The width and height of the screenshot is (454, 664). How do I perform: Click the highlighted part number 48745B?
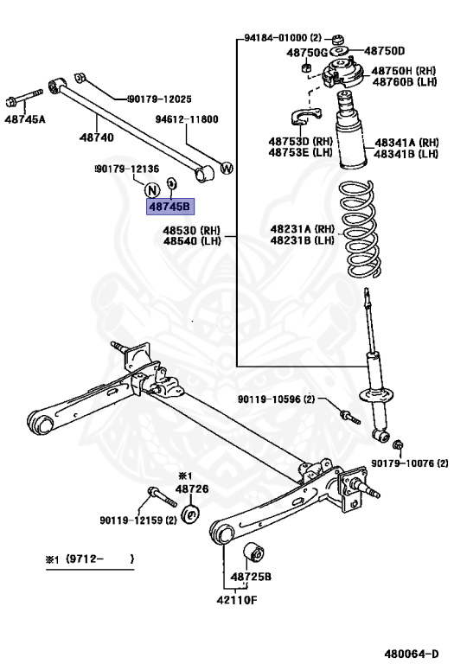170,207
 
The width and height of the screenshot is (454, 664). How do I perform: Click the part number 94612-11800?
187,119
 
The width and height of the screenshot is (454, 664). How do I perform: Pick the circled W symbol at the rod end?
227,168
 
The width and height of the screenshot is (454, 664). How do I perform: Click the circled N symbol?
152,191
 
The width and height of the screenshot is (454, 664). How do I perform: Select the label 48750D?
383,51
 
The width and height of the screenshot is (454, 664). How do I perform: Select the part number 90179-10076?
406,463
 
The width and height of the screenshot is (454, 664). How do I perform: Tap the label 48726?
192,489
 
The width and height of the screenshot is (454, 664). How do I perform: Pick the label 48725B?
251,576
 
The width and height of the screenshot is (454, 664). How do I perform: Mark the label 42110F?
236,597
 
